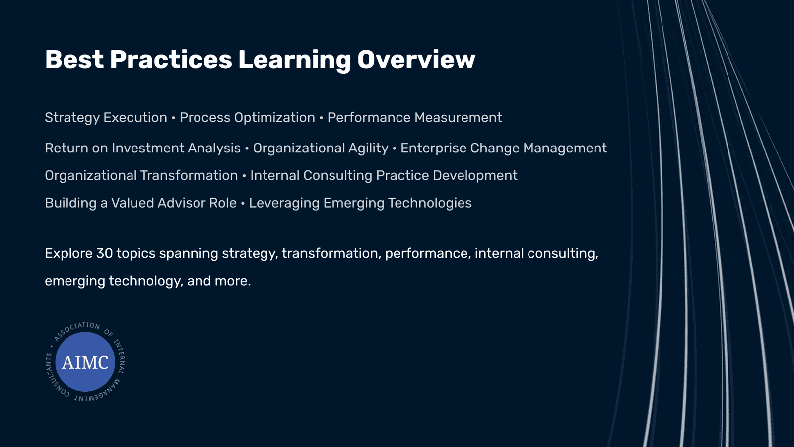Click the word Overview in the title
click(416, 59)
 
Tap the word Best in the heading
click(74, 59)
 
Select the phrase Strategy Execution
click(106, 118)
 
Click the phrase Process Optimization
click(247, 118)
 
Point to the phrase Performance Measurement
click(415, 117)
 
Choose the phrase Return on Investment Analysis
click(143, 149)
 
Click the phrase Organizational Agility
click(321, 149)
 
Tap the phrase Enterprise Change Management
click(504, 149)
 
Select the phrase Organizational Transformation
click(141, 176)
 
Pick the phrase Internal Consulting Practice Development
click(384, 176)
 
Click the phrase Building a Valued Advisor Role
click(141, 203)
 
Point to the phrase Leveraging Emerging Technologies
click(360, 203)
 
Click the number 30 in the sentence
click(104, 253)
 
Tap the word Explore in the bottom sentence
click(69, 254)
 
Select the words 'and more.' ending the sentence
click(219, 281)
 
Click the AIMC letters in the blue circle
click(85, 362)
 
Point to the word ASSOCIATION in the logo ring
click(76, 329)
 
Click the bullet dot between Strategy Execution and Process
click(173, 118)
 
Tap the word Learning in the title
click(295, 60)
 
